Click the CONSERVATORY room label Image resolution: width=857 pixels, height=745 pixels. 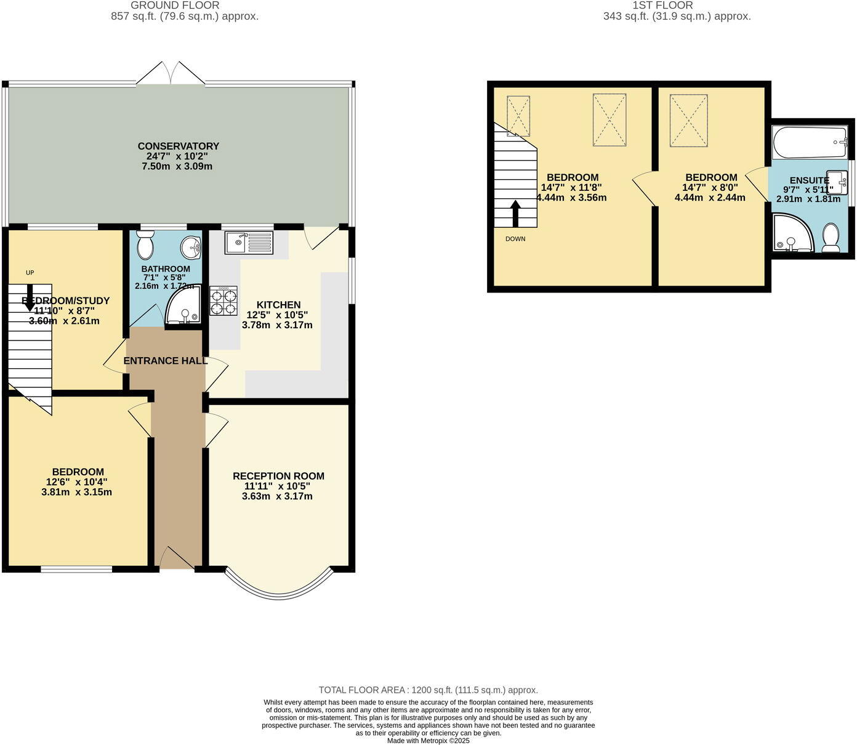178,146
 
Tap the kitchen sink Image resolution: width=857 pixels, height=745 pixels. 249,242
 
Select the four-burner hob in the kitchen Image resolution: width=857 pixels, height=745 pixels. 223,301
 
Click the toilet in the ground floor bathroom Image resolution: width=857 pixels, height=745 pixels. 146,246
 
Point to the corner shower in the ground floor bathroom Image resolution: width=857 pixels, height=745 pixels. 182,306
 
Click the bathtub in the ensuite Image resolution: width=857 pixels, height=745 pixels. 810,142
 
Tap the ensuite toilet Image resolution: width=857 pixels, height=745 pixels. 831,238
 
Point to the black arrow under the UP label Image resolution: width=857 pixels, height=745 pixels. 30,296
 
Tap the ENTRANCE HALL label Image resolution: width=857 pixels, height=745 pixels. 166,361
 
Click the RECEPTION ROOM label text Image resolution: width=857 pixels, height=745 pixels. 278,476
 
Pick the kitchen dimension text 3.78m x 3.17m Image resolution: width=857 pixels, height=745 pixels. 277,324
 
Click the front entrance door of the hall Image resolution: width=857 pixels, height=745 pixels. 177,558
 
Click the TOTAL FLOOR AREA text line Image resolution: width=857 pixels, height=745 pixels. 428,690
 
